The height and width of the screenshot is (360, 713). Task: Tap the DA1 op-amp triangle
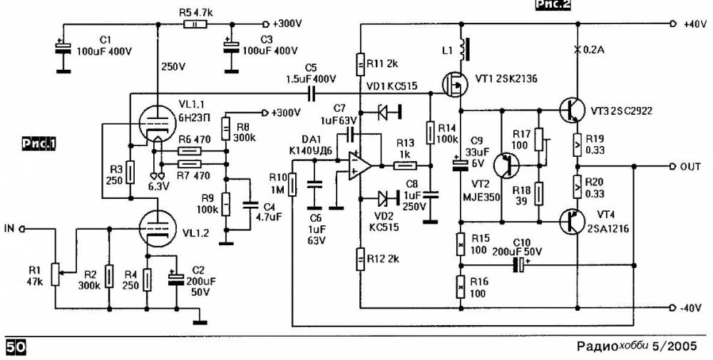point(360,166)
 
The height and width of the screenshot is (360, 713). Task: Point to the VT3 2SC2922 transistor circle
point(573,110)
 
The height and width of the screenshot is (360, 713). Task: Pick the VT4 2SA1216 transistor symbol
point(573,222)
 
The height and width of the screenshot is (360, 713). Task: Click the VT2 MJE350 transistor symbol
point(508,167)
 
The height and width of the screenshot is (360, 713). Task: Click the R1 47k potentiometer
point(56,274)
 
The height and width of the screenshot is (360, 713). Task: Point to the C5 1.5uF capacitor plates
point(311,94)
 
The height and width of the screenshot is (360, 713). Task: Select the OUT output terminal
point(672,167)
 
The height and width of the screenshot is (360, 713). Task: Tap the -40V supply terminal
point(672,307)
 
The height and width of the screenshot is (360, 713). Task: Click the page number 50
point(16,347)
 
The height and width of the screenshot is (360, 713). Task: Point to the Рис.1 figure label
point(39,144)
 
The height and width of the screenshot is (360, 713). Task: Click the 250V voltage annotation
point(173,67)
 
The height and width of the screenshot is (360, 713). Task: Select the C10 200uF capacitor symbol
point(518,265)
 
